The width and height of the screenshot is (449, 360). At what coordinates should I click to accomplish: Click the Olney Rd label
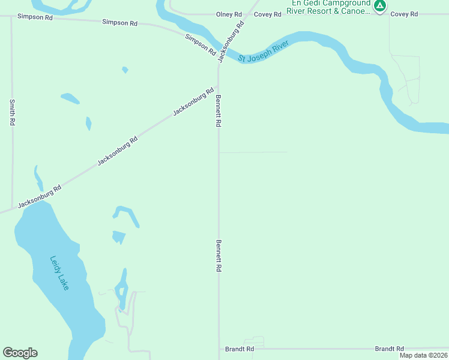point(229,14)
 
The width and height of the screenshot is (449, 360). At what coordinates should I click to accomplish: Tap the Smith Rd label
point(12,112)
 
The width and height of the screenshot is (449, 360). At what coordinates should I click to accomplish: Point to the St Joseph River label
point(264,52)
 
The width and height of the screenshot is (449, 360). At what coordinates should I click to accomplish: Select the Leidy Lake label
point(59,273)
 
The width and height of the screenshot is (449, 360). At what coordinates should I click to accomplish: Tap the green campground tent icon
point(379,6)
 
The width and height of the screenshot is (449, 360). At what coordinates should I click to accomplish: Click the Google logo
point(20,353)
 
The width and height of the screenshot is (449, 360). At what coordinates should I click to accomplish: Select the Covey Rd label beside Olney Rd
point(268,14)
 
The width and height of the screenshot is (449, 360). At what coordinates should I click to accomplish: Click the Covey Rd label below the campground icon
point(404,14)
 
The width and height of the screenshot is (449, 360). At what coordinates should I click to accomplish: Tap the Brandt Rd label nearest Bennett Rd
point(240,349)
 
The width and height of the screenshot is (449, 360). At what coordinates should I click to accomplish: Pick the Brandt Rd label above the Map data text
point(389,349)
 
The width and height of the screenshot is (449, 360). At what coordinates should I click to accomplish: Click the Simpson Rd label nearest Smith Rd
point(36,18)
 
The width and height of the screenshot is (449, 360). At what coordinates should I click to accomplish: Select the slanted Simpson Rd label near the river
point(200,44)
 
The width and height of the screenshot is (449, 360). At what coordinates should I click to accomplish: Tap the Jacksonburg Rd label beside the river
point(231,42)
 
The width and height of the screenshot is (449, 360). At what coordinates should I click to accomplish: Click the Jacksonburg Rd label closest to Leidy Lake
point(40,196)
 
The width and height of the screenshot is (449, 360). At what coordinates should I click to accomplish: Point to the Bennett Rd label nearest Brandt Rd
point(219,257)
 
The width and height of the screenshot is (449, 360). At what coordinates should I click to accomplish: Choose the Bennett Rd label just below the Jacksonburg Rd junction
point(219,110)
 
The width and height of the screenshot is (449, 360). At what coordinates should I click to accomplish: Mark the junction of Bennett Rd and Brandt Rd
point(219,348)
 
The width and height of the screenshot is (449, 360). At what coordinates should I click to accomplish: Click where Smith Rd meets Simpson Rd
point(12,17)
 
